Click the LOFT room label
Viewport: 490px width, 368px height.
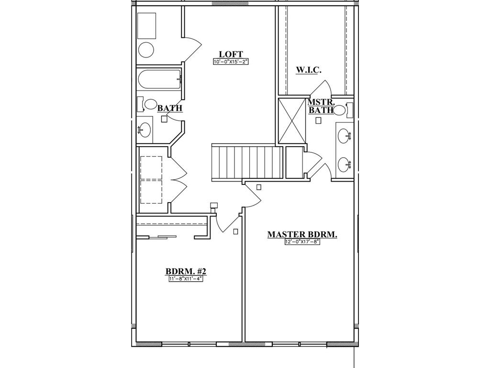pos(231,54)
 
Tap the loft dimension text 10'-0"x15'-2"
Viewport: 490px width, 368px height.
pos(231,62)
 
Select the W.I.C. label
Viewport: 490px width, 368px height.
pos(308,70)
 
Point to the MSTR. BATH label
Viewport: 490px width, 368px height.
pos(320,106)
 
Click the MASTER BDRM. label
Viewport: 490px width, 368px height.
pos(302,234)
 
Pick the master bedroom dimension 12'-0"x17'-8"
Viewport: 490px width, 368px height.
pos(302,242)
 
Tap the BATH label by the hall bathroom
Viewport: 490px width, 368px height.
pos(170,108)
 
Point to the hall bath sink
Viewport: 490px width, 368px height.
pos(144,128)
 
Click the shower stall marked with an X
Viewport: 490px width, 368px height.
pos(292,120)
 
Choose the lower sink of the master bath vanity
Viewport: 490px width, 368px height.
pos(344,165)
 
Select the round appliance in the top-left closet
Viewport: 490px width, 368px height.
pos(146,50)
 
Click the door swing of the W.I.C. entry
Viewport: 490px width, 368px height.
pos(323,88)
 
